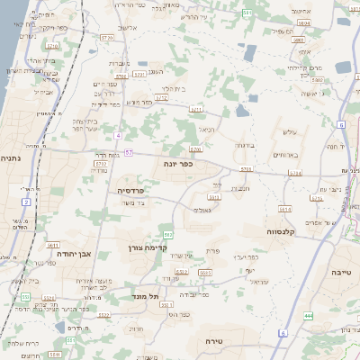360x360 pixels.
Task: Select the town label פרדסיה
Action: point(131,191)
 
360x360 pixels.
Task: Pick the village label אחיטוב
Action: point(301,11)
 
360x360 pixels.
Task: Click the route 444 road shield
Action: point(308,316)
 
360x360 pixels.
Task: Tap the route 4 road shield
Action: point(118,135)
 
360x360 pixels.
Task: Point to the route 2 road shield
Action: point(26,202)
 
